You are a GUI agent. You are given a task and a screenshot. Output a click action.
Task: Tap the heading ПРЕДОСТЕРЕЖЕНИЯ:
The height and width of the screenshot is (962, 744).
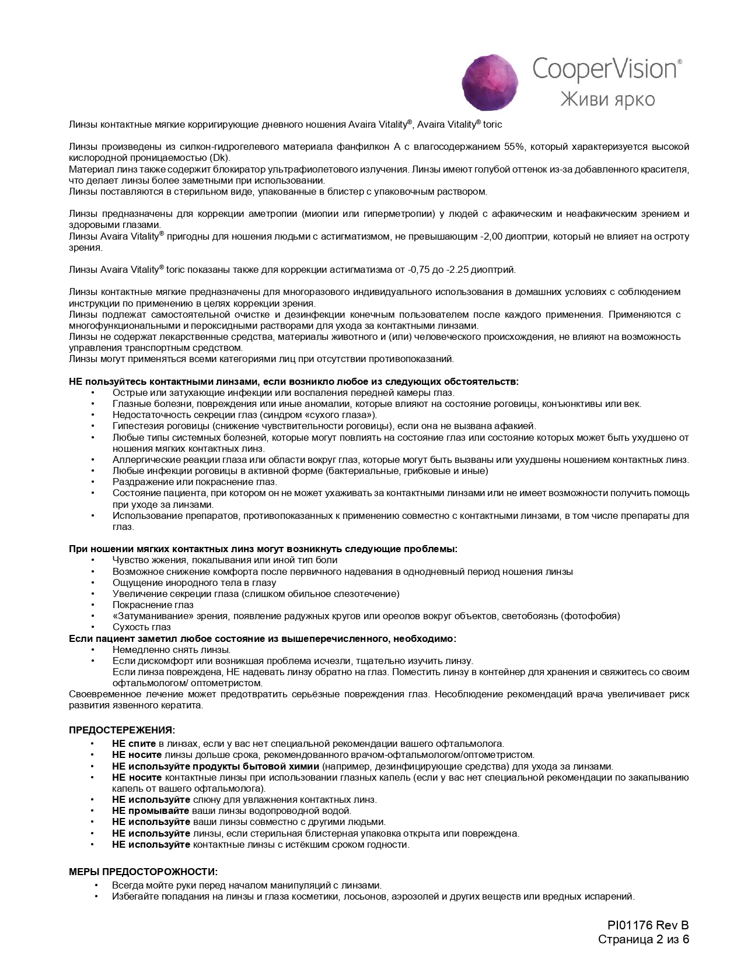point(122,730)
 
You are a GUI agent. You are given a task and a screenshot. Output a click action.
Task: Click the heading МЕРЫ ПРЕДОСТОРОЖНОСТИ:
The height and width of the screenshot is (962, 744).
point(143,872)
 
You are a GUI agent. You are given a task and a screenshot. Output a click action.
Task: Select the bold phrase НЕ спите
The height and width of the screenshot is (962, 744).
point(134,743)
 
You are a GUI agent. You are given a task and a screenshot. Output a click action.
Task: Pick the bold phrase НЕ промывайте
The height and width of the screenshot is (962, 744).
point(151,810)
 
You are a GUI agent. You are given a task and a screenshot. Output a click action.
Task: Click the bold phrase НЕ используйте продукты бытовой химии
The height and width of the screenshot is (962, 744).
point(215,766)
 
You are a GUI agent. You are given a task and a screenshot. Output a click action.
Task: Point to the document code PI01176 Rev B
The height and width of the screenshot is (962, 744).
point(648,925)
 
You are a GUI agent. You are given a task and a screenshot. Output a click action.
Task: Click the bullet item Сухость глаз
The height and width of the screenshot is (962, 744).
point(141,627)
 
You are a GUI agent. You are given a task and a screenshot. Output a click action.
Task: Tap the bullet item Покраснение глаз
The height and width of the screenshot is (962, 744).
point(145,605)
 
